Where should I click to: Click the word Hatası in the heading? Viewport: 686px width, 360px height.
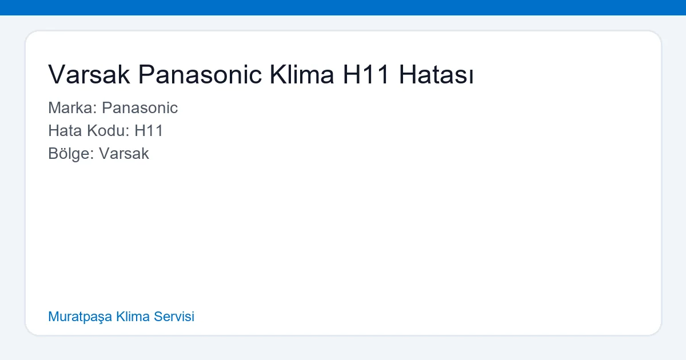(x=436, y=75)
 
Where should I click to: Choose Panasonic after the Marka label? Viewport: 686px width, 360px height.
(x=139, y=108)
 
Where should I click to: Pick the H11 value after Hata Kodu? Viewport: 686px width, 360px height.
(x=149, y=131)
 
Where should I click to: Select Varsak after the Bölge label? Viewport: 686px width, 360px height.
(x=123, y=154)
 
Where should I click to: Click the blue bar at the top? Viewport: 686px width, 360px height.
(x=343, y=7)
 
